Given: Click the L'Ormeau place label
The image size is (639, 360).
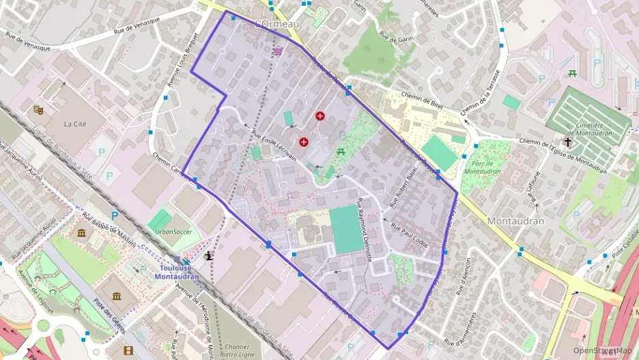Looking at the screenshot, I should click(277, 24).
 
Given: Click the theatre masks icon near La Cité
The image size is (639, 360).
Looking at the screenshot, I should click(38, 109).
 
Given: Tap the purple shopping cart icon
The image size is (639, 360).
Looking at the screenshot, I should click(277, 51).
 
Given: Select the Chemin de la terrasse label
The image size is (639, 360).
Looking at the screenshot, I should click(481, 92).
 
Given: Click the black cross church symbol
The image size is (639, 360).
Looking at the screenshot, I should click(567, 141).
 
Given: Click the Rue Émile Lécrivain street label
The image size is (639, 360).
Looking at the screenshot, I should click(274, 146).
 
